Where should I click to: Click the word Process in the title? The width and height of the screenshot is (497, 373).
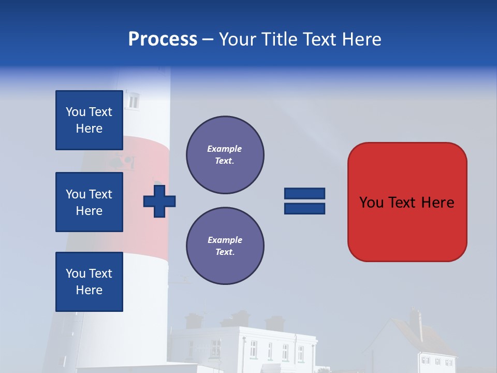163,39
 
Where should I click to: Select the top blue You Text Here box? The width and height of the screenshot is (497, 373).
89,120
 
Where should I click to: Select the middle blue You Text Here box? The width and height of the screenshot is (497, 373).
89,202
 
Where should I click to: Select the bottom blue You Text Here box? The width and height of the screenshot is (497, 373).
89,282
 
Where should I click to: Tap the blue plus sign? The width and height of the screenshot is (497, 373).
159,201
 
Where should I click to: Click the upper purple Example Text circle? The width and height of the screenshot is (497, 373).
225,155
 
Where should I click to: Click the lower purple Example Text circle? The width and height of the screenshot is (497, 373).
225,246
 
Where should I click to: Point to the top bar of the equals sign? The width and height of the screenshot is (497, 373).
304,193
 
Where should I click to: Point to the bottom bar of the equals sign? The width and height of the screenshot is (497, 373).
304,209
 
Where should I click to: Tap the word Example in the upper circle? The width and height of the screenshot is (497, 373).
225,149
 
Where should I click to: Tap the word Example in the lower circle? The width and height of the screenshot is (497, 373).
225,240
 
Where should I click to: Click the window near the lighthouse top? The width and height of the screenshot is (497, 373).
134,101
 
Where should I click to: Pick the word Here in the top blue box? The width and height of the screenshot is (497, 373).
89,128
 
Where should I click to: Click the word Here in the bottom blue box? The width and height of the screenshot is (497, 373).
89,290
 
